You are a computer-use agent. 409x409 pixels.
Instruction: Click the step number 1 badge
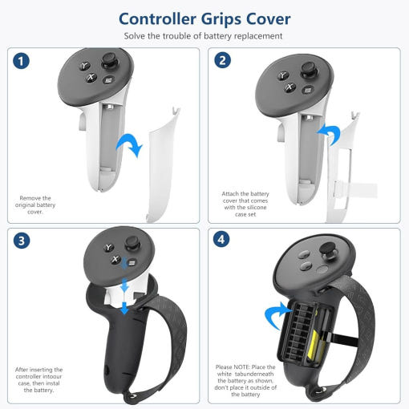coord(21,61)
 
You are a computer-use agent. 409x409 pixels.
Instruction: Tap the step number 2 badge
coord(222,60)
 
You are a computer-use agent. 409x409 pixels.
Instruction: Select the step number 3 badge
coord(22,241)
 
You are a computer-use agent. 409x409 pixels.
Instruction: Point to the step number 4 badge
coord(221,240)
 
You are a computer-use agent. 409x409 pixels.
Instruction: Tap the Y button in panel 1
coord(84,66)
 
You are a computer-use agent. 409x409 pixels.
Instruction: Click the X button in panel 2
coord(290,87)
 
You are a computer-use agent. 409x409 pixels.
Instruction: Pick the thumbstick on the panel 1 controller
coord(109,61)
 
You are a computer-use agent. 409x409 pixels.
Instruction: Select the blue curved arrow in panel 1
coord(130,144)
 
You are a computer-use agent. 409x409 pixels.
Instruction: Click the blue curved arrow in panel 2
coord(329,134)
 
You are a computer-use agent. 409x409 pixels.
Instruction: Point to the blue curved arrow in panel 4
coord(278,315)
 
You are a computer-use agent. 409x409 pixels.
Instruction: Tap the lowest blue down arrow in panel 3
coord(124,308)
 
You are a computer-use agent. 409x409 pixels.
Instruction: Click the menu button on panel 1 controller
coord(108,79)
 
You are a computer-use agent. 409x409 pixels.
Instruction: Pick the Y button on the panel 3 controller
coord(108,247)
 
